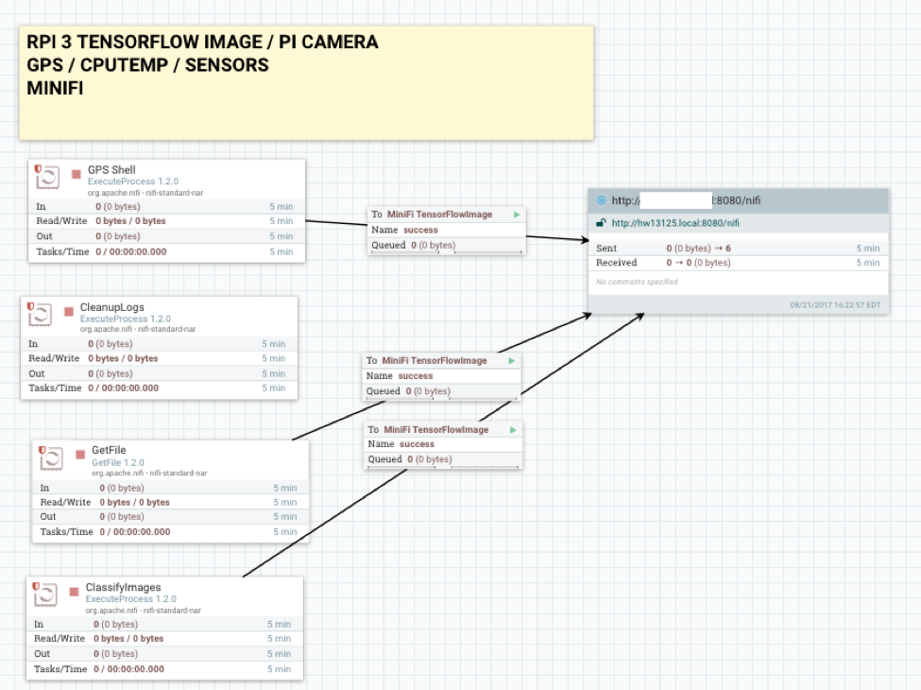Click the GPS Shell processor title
coord(111,170)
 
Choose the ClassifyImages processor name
coord(123,588)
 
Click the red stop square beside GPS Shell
coord(76,175)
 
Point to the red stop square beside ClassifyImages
coord(74,593)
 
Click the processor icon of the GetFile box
coord(51,458)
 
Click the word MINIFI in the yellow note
coord(56,88)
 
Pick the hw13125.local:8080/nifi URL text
coord(675,223)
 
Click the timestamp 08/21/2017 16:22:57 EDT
coord(835,304)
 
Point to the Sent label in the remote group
coord(606,248)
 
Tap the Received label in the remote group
coord(616,263)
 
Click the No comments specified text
coord(637,282)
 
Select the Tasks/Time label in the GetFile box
coord(66,532)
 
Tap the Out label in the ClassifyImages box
coord(43,654)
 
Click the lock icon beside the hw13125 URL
coord(601,223)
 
